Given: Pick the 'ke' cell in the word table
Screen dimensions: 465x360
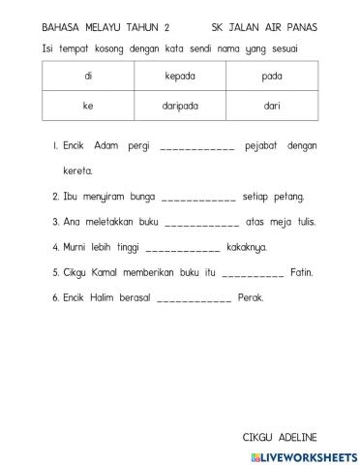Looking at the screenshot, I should point(88,106).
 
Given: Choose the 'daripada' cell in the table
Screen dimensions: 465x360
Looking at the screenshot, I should point(180,106).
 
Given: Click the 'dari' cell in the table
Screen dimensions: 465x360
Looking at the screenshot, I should point(272,106).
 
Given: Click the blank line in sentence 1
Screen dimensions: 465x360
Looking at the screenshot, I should point(196,147).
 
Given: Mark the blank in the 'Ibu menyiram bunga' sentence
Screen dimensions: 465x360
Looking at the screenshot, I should point(198,198).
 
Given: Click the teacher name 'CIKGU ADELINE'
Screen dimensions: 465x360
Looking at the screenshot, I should point(280,437).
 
